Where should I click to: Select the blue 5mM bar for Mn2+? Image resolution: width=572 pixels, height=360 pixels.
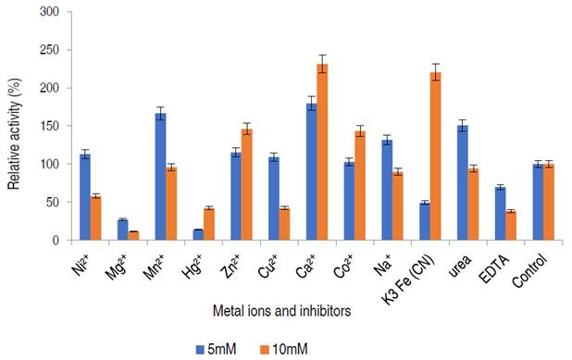point(160,176)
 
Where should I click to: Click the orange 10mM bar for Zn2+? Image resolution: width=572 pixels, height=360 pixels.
point(247,184)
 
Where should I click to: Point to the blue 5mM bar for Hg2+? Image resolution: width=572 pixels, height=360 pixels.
point(198,235)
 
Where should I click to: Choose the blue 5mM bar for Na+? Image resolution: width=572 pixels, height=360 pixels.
point(386,190)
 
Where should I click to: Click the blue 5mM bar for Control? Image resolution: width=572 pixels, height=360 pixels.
point(537,203)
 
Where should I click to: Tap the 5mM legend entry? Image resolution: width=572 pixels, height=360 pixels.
point(218,347)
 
